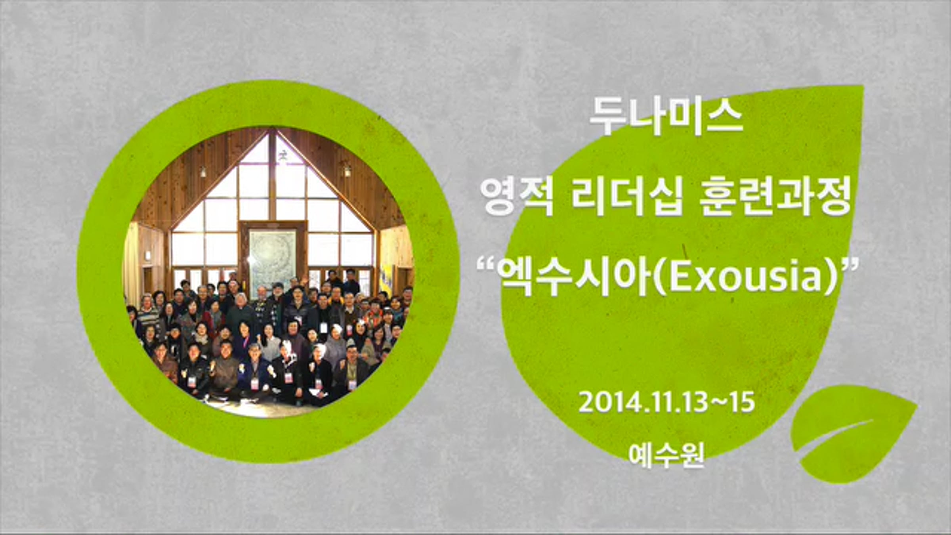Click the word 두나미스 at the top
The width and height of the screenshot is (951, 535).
click(666, 116)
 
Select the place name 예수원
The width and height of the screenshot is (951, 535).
click(666, 455)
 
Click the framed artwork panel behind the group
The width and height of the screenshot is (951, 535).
click(273, 257)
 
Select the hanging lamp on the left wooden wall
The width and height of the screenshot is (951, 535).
click(203, 172)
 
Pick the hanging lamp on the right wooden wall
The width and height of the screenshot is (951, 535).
click(347, 170)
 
